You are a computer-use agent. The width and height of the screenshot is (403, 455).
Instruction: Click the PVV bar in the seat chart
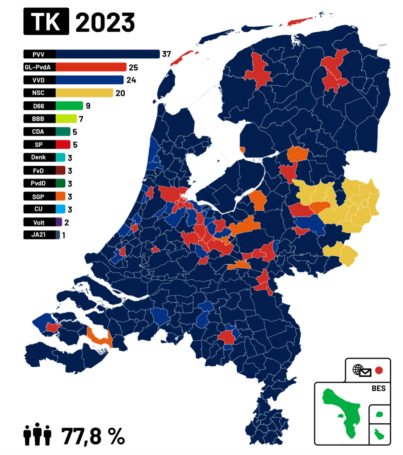pyautogui.click(x=107, y=54)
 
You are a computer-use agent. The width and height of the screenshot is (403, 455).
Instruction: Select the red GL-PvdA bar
pyautogui.click(x=91, y=67)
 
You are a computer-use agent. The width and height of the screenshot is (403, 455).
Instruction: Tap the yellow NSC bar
pyautogui.click(x=84, y=93)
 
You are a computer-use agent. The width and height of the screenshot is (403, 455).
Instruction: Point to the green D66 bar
pyautogui.click(x=69, y=106)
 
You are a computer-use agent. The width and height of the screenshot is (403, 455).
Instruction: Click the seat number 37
pyautogui.click(x=166, y=54)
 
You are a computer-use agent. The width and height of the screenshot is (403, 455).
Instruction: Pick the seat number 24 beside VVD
pyautogui.click(x=131, y=80)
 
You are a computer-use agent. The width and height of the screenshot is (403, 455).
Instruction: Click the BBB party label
pyautogui.click(x=39, y=119)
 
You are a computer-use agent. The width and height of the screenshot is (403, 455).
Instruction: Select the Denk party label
pyautogui.click(x=39, y=157)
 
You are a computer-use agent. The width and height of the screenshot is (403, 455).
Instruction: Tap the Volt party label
pyautogui.click(x=39, y=222)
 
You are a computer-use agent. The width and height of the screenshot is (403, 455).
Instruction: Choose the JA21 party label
pyautogui.click(x=39, y=234)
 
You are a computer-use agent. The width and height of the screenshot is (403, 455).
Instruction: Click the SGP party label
pyautogui.click(x=39, y=197)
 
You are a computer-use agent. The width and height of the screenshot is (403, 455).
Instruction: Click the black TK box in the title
pyautogui.click(x=46, y=22)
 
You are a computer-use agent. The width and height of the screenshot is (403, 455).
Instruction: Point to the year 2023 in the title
pyautogui.click(x=105, y=22)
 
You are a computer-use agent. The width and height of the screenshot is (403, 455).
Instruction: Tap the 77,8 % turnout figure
pyautogui.click(x=93, y=436)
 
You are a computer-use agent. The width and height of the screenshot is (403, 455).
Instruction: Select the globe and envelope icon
pyautogui.click(x=362, y=370)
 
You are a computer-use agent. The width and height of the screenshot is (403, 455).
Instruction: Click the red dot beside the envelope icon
pyautogui.click(x=379, y=370)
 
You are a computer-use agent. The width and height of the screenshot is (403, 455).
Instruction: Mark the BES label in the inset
pyautogui.click(x=378, y=388)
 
